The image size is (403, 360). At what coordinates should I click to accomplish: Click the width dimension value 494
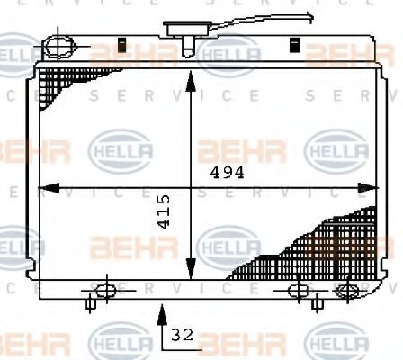coord(228,173)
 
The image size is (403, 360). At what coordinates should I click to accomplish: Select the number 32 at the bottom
coord(182,335)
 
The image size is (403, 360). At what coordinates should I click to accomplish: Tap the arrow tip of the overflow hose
coord(311,13)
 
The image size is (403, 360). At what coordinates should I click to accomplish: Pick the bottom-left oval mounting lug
coord(104,290)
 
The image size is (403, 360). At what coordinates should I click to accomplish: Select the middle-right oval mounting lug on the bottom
coord(299,290)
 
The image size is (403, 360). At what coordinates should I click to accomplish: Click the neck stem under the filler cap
coord(188,45)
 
